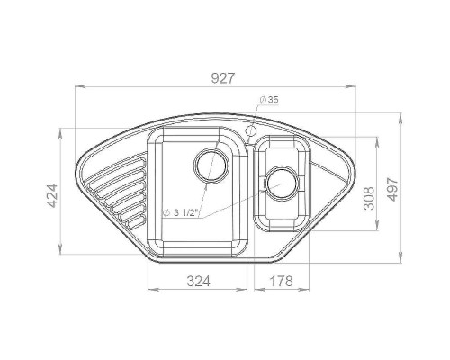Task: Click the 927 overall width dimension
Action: (x=222, y=78)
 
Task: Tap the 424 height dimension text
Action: (x=52, y=195)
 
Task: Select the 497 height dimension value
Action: (x=392, y=190)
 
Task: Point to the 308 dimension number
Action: (x=369, y=198)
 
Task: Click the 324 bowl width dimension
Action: (x=198, y=281)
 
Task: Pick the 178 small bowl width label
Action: (x=282, y=281)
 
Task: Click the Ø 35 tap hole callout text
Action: (x=269, y=100)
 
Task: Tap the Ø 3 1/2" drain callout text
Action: (x=181, y=213)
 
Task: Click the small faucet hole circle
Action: (x=250, y=130)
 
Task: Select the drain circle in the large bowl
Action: (x=211, y=166)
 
